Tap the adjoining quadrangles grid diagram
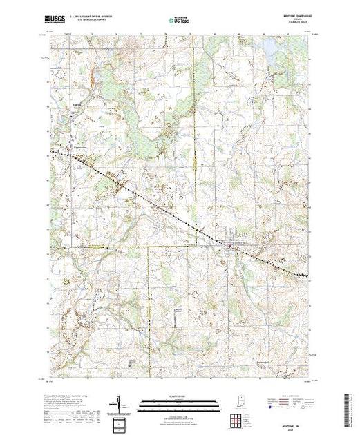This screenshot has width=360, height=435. (236, 419)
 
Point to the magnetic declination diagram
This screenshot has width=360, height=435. (117, 402)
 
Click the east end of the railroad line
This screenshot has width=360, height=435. (308, 277)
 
